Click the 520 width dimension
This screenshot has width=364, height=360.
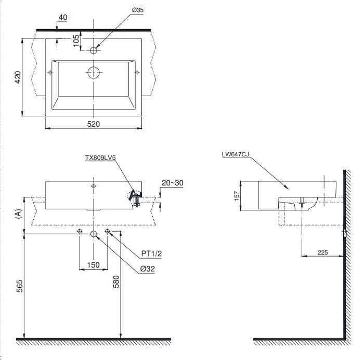tap(94, 124)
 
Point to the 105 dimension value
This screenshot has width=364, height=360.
tap(76, 41)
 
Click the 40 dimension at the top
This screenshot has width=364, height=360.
tap(63, 18)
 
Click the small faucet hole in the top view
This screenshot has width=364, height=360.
tap(94, 50)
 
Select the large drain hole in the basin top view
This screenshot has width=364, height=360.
tap(94, 72)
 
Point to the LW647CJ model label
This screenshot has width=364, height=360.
tap(235, 154)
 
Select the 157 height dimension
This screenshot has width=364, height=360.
tap(237, 196)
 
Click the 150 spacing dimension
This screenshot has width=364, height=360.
tap(93, 265)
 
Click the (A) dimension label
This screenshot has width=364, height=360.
tap(19, 214)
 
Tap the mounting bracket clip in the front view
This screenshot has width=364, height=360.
tap(135, 197)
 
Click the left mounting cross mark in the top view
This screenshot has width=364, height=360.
tap(50, 72)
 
